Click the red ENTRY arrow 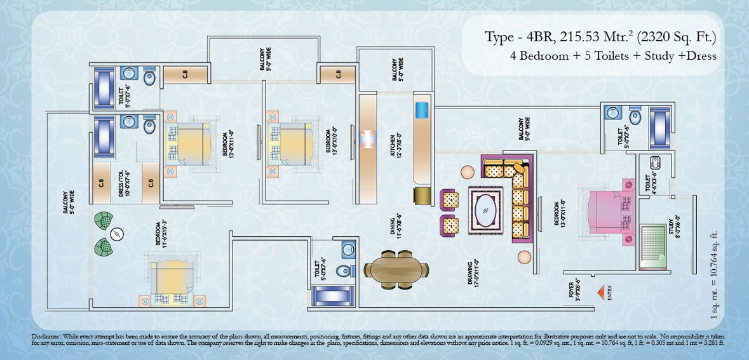(600, 291)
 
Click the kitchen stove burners (369, 139)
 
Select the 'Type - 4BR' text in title (513, 37)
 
